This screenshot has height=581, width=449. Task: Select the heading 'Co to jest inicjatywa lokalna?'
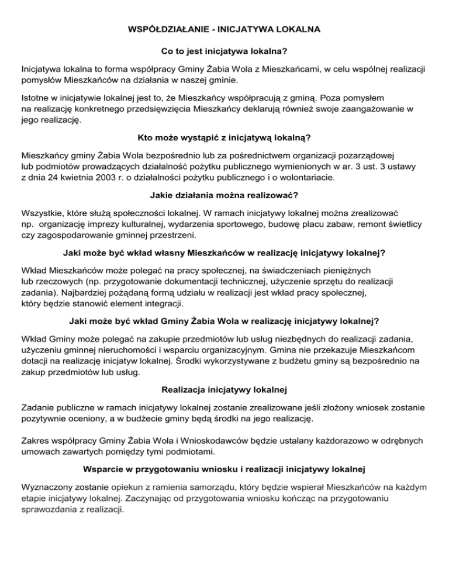tap(224, 51)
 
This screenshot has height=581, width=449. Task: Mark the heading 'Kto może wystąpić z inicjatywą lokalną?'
tap(224, 138)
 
